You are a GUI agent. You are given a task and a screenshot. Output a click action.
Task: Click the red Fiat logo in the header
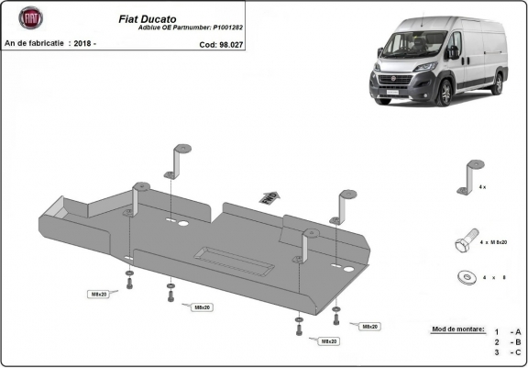(x=32, y=18)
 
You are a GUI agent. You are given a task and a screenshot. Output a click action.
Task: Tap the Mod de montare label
(x=455, y=328)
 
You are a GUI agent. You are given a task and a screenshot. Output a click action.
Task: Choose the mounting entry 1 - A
(x=507, y=332)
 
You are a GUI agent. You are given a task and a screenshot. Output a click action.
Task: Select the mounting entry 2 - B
(x=507, y=341)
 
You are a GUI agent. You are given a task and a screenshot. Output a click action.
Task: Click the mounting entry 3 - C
(x=507, y=351)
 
